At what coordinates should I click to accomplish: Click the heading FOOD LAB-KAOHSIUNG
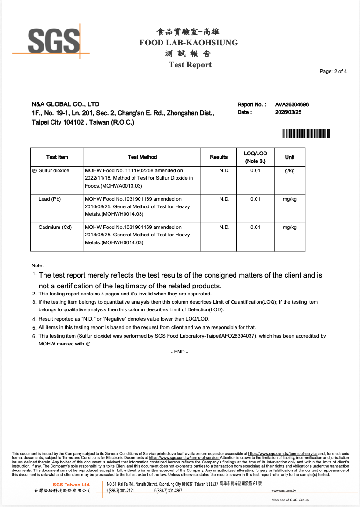tap(188, 43)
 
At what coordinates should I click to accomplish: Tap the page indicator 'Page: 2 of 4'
tap(333, 72)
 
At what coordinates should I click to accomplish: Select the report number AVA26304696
tap(292, 105)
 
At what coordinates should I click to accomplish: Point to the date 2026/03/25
tap(288, 112)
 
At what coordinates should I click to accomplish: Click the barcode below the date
tap(306, 133)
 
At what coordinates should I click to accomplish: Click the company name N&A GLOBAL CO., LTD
tap(66, 104)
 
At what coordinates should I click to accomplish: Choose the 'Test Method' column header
tap(142, 157)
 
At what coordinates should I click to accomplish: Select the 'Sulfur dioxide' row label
tap(54, 170)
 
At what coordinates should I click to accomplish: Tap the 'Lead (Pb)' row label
tap(50, 199)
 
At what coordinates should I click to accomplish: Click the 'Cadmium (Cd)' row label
tap(55, 227)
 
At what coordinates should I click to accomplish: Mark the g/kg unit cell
tap(290, 170)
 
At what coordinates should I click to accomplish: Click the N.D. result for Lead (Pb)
tap(224, 199)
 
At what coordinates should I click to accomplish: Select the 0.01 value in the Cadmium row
tap(255, 227)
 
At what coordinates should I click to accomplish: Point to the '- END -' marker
tap(180, 352)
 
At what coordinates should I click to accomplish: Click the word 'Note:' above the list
tap(37, 265)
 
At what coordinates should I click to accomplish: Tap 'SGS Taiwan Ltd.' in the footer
tap(71, 485)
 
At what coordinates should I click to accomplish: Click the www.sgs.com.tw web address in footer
tap(283, 491)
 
